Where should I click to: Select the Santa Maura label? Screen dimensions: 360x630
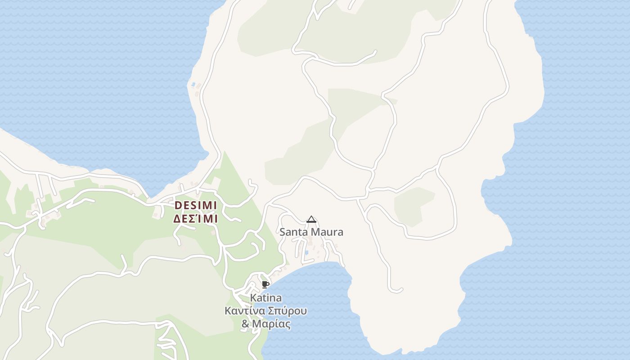[x=311, y=232]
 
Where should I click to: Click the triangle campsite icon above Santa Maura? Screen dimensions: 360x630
[x=311, y=220]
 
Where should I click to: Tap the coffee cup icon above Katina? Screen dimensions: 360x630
[x=265, y=284]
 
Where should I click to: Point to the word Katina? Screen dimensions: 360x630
[x=266, y=298]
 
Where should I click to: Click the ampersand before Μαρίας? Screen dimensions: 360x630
[x=245, y=324]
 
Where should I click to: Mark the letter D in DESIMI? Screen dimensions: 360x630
[x=177, y=205]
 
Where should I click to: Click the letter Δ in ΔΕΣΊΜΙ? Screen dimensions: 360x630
[x=177, y=219]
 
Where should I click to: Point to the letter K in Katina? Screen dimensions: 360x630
[x=253, y=298]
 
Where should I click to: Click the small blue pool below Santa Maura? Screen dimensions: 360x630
[x=306, y=252]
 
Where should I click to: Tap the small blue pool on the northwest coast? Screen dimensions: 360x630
[x=193, y=84]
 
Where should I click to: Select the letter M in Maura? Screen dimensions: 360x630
[x=317, y=232]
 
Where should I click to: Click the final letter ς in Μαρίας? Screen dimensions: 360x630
[x=288, y=325]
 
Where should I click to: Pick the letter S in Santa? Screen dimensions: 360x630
[x=283, y=232]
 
